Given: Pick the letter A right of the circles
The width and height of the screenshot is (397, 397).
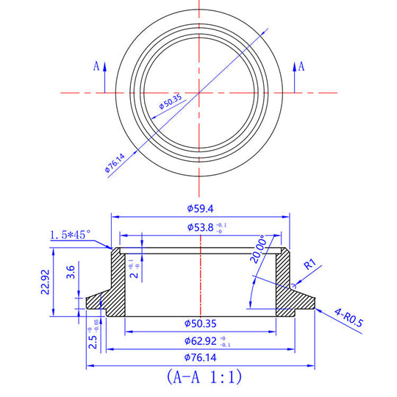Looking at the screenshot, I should click(301, 66).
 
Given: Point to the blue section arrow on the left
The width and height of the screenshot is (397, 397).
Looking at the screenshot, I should click(105, 77).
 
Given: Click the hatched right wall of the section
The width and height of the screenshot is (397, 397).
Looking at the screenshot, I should click(282, 283).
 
